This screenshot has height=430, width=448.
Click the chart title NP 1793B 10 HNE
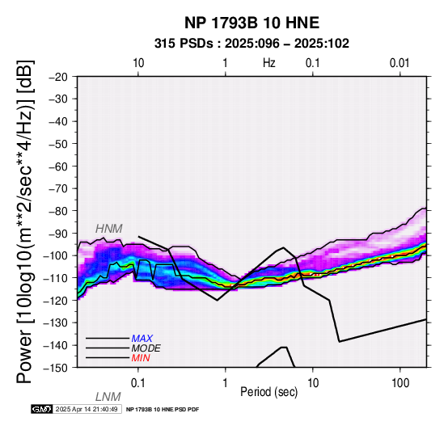click(251, 23)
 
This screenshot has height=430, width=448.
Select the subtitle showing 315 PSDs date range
click(251, 44)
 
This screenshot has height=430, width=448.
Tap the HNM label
click(109, 229)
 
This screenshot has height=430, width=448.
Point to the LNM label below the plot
click(108, 397)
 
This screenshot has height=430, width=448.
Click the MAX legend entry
click(142, 339)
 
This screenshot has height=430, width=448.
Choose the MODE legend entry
click(146, 348)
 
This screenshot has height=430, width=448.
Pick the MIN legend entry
click(141, 358)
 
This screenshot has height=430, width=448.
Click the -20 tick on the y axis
click(58, 77)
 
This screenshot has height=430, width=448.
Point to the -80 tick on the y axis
click(58, 211)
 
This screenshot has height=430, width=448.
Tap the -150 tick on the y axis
click(56, 368)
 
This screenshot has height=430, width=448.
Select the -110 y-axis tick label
click(56, 278)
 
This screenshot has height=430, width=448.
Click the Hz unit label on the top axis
click(269, 63)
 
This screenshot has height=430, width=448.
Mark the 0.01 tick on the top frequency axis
click(399, 63)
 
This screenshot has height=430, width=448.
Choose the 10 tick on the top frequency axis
click(138, 63)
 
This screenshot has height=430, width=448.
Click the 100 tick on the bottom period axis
click(400, 383)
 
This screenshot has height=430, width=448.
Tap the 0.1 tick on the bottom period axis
click(138, 383)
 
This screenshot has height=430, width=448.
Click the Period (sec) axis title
click(268, 392)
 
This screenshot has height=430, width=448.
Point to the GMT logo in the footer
click(42, 409)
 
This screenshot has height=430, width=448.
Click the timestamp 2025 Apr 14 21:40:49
click(87, 409)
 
